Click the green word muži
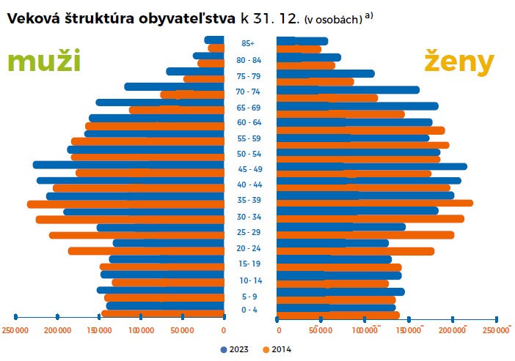(43, 63)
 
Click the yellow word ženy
(459, 63)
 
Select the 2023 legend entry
(234, 349)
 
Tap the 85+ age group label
(248, 44)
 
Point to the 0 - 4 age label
(249, 310)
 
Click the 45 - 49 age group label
(249, 169)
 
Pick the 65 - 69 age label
(249, 107)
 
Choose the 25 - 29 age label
(249, 232)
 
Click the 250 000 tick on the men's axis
(15, 331)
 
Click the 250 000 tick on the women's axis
(497, 331)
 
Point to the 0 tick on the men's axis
(223, 331)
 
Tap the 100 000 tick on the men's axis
(140, 331)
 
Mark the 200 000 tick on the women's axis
(453, 331)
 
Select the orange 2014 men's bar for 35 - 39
(125, 204)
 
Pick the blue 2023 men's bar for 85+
(214, 40)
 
